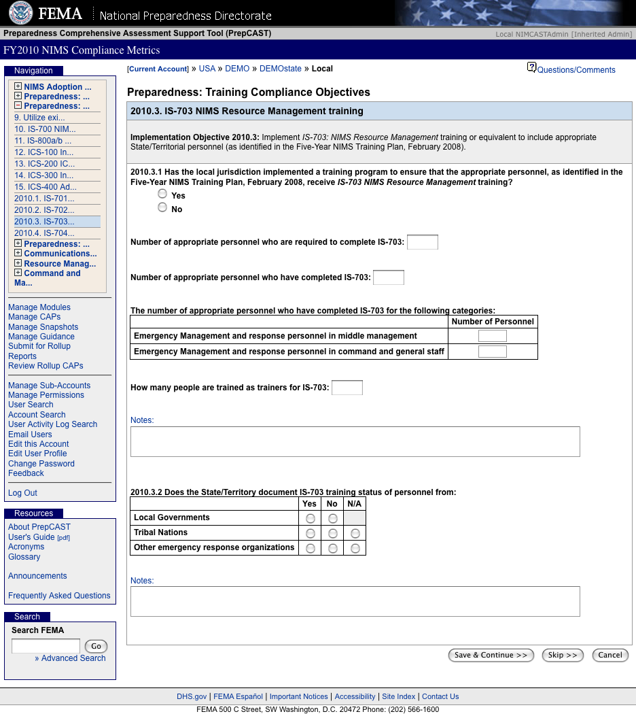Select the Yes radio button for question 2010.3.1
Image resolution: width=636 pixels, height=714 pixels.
(162, 194)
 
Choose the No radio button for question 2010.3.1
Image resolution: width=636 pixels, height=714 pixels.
(162, 207)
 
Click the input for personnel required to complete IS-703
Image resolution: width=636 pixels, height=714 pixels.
(422, 242)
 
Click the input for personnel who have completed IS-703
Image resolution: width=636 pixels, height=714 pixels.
(389, 277)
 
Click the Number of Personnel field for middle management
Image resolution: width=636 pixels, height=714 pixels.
(493, 336)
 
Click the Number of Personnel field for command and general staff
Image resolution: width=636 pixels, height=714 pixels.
(493, 352)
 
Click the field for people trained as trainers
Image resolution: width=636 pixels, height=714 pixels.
(347, 388)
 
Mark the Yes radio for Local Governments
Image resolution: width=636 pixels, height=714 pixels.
(310, 518)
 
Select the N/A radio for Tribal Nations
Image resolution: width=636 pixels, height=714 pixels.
(355, 533)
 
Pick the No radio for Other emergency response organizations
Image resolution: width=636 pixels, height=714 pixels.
(332, 548)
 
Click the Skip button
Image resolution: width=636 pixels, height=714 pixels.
(562, 655)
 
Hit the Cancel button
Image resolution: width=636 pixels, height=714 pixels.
(609, 655)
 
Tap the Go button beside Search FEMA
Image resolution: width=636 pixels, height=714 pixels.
(96, 646)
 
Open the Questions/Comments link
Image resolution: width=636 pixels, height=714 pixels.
(576, 70)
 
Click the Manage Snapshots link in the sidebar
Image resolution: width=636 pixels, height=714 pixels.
(43, 327)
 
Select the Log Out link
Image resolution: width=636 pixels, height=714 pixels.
(22, 493)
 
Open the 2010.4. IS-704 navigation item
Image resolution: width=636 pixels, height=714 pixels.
(44, 233)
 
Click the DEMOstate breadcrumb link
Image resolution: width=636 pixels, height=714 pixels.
(280, 69)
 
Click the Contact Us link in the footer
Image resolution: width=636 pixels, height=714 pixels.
(440, 696)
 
